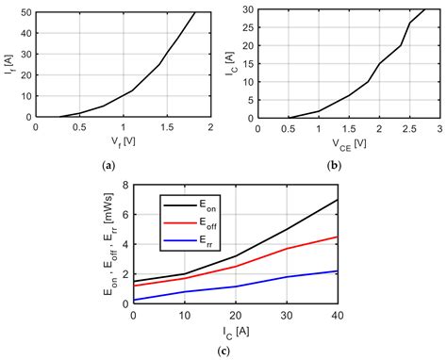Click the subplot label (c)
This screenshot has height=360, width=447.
tap(223, 352)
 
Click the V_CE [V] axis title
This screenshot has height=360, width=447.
tap(349, 143)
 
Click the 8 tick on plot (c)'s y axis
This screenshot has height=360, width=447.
tap(123, 186)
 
